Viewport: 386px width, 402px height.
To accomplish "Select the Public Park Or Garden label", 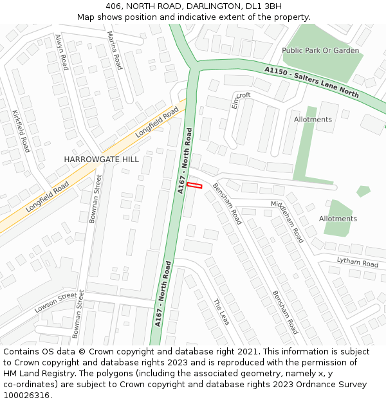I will [x=320, y=50].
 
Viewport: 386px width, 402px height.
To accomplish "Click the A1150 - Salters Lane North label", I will [x=311, y=82].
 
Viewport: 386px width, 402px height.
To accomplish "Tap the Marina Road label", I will [x=114, y=50].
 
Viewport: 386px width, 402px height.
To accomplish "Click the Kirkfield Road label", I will [x=21, y=131].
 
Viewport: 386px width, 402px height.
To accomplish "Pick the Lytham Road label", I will [x=357, y=262].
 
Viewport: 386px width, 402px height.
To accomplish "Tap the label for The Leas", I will [x=221, y=313].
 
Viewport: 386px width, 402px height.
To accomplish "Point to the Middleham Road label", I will [x=287, y=221].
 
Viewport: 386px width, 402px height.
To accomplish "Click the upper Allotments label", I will [x=313, y=120].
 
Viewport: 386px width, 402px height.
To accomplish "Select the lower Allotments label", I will [x=338, y=219].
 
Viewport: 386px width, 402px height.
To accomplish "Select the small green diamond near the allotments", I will [x=363, y=191].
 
